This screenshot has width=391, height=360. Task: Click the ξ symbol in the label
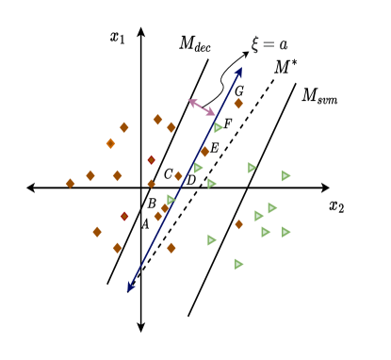254,44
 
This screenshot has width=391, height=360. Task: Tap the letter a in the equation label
283,45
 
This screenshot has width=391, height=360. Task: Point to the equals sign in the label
269,45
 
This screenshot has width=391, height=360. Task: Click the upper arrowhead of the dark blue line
240,71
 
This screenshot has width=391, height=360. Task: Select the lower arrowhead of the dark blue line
131,286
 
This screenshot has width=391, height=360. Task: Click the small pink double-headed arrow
202,107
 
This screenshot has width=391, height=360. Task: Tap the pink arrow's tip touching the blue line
212,113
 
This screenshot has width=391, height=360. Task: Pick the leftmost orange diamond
70,184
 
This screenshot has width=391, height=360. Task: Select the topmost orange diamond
238,104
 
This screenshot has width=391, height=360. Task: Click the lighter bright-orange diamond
110,144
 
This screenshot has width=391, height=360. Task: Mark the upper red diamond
151,160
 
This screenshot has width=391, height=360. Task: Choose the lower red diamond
124,217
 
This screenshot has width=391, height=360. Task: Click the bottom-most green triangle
238,264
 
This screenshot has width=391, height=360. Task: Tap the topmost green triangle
218,128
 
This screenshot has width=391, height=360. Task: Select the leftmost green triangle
171,200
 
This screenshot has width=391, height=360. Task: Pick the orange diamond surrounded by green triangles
238,224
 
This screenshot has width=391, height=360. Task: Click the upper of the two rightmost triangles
285,175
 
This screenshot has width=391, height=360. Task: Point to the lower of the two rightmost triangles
285,232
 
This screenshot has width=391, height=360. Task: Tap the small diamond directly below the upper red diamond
151,184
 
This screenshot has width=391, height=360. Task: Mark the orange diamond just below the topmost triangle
204,152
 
